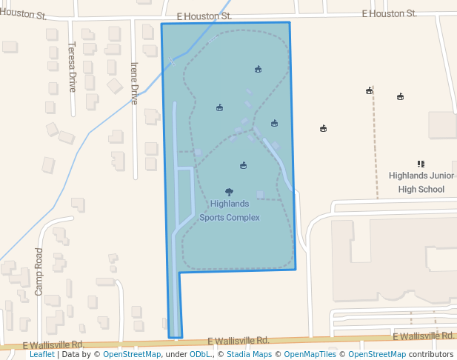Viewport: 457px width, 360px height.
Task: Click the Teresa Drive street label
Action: [x=73, y=66]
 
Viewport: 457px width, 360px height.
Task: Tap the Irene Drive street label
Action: [x=135, y=82]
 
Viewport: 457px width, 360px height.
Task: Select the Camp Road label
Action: [x=39, y=271]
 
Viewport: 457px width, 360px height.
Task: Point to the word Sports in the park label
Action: [x=212, y=218]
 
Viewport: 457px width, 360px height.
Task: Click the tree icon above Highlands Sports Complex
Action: [x=229, y=192]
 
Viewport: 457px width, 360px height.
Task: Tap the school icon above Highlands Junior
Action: [x=421, y=164]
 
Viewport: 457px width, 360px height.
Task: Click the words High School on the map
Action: [x=421, y=189]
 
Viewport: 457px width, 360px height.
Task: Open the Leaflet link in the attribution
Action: [x=41, y=354]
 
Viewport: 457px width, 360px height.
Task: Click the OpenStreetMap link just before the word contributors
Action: [x=378, y=354]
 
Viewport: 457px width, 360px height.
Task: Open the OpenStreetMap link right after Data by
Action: [x=132, y=354]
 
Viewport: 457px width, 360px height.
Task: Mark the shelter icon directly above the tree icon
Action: [x=243, y=165]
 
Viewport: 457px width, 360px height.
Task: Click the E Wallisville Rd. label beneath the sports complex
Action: [x=238, y=341]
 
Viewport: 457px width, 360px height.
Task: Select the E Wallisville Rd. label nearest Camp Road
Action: [x=53, y=344]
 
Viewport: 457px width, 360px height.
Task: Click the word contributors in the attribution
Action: [x=431, y=354]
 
